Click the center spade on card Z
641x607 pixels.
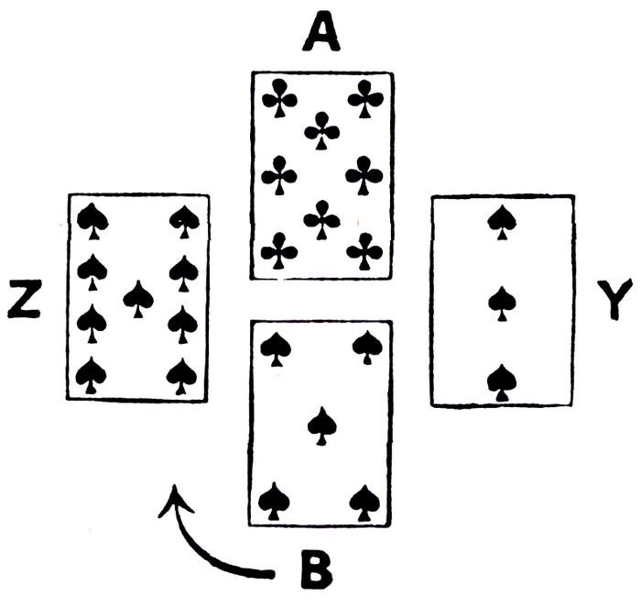(138, 298)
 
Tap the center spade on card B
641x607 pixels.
(320, 425)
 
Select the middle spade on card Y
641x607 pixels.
(500, 303)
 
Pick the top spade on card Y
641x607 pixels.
(500, 221)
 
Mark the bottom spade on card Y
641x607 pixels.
(500, 381)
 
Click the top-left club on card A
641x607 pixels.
(277, 96)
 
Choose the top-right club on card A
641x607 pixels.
(364, 97)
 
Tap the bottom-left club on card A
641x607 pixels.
(277, 249)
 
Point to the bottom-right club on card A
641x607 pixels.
(364, 249)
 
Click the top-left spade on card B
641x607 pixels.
(276, 347)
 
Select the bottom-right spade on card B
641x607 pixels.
(365, 501)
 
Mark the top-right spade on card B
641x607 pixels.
(366, 347)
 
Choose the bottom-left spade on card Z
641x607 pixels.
(92, 375)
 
